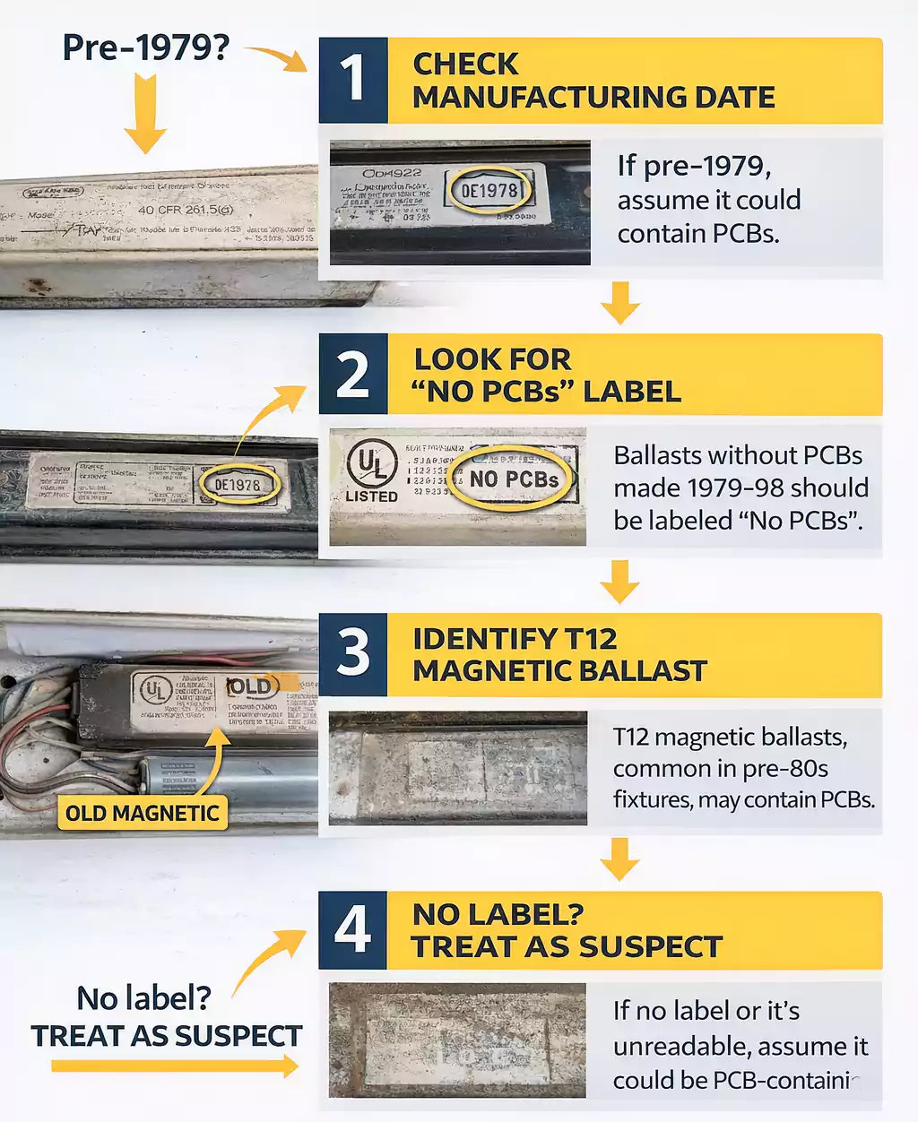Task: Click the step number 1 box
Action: click(x=353, y=80)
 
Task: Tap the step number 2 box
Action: click(x=353, y=375)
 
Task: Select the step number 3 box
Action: click(x=353, y=654)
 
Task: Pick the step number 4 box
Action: click(x=353, y=930)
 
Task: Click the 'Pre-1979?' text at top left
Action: click(x=145, y=47)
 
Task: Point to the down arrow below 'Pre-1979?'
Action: click(x=144, y=115)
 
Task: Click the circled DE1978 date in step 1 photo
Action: click(x=489, y=190)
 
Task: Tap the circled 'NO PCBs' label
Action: click(x=514, y=479)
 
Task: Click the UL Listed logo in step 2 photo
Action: click(x=371, y=470)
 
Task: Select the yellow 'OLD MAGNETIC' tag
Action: click(x=143, y=814)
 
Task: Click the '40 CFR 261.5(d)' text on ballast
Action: click(x=186, y=210)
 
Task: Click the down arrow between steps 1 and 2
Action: click(x=619, y=302)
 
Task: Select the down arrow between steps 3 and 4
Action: click(x=619, y=859)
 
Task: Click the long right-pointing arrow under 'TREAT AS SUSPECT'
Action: click(x=175, y=1066)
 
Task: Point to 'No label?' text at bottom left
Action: click(x=143, y=997)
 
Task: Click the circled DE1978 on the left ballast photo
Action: click(x=237, y=485)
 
